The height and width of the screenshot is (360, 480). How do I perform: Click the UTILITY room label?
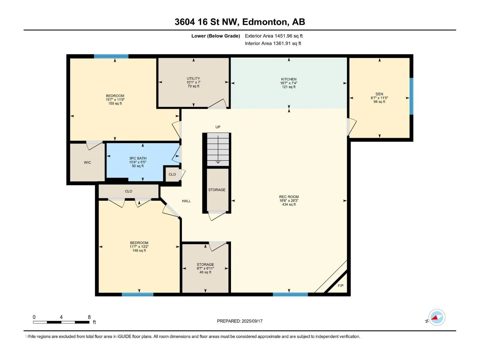pos(193,79)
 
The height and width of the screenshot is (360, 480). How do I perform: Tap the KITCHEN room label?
pos(289,79)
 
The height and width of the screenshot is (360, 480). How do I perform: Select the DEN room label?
pos(379,94)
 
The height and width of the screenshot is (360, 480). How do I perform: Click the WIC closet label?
pos(87,162)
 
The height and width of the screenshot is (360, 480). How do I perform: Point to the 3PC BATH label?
pos(138,158)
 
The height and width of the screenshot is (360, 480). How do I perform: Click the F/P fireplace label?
pos(340,286)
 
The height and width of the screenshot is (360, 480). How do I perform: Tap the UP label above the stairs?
pos(218,127)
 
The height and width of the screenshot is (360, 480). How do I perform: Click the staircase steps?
pos(218,149)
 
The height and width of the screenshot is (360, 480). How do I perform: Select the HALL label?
pos(186,201)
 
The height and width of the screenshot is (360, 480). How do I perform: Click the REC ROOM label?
pos(289,197)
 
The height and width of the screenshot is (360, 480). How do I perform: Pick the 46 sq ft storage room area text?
pos(205,272)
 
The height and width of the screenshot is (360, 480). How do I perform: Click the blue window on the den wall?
pos(411,96)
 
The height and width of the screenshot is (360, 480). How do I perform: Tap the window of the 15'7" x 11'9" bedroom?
pos(111,56)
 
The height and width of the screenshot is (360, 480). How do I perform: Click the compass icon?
pos(437,317)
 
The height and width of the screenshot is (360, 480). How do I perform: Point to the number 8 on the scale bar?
pos(89,317)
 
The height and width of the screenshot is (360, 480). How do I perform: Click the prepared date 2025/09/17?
pos(252,321)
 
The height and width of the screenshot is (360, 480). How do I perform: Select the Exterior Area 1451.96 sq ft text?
pos(274,36)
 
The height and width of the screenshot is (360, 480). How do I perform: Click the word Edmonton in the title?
pos(265,22)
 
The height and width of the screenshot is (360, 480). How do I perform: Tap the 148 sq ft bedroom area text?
pos(139,250)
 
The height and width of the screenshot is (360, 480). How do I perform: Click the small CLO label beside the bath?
pos(172,174)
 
